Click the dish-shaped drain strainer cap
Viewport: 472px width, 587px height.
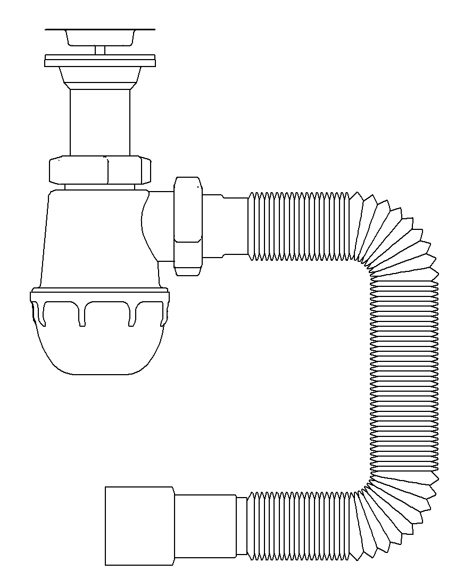[x=100, y=37]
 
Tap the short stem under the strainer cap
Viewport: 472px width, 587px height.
[x=100, y=50]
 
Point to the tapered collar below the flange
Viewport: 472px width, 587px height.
[x=100, y=78]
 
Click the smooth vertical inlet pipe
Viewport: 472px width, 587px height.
[x=100, y=122]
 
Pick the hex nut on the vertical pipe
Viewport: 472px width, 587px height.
[x=101, y=170]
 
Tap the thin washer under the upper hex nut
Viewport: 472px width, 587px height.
[x=100, y=186]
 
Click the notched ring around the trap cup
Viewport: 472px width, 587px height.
[x=100, y=306]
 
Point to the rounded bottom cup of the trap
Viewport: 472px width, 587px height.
[x=100, y=351]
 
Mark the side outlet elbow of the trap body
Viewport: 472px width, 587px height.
[x=157, y=226]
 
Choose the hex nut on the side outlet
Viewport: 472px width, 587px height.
[x=188, y=226]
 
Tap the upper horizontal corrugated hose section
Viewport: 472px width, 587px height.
[x=301, y=226]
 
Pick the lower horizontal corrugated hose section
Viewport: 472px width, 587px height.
[x=301, y=526]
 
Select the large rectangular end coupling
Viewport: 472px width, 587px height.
[x=139, y=526]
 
